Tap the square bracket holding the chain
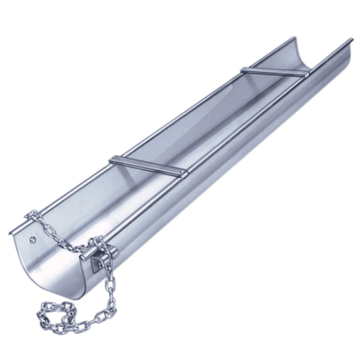click(101, 256)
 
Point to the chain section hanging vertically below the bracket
click(110, 295)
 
